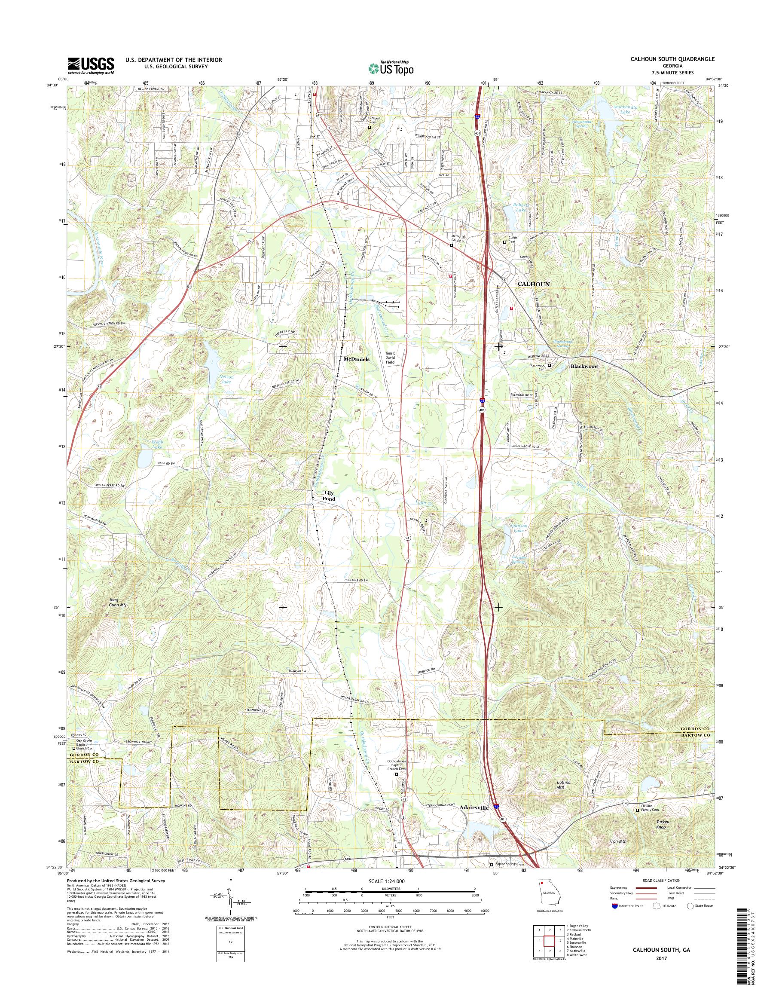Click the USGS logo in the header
[91, 65]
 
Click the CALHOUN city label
[533, 284]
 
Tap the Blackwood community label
[584, 367]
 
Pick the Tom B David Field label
[390, 358]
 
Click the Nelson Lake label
[226, 378]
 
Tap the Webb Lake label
[157, 444]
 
